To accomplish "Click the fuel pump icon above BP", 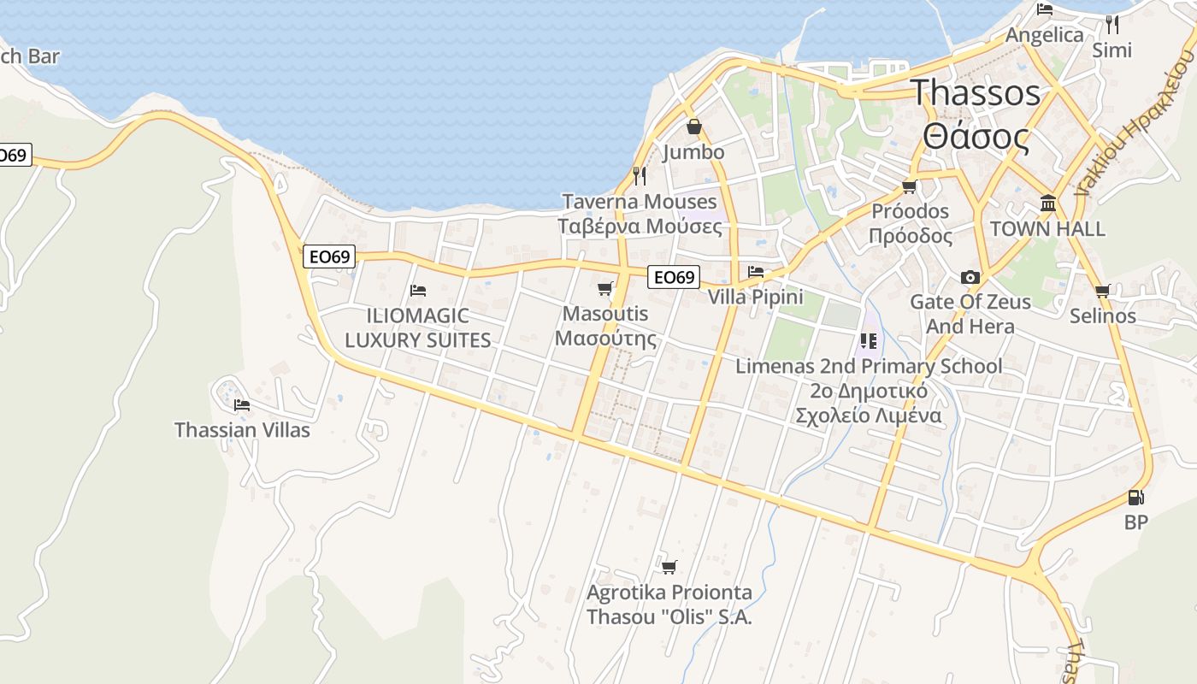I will [x=1135, y=497].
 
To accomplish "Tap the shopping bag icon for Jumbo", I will [x=694, y=127].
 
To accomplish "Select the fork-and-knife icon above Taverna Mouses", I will [x=639, y=175].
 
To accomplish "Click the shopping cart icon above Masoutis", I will [x=605, y=289].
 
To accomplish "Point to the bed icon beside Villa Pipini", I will [x=755, y=272].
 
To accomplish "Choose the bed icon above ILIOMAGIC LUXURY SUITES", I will [x=417, y=291].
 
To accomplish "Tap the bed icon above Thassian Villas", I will [x=242, y=404].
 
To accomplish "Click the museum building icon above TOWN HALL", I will [x=1047, y=203].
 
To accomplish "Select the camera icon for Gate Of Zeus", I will [x=970, y=277].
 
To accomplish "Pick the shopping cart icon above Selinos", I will [x=1103, y=291].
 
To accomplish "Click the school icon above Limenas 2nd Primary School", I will [x=869, y=341].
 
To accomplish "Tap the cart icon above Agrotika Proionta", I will [x=669, y=567].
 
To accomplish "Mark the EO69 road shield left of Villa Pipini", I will [x=674, y=277].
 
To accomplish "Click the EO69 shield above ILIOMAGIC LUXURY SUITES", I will [x=329, y=256].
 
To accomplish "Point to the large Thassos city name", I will [x=976, y=92].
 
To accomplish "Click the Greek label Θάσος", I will [x=976, y=137].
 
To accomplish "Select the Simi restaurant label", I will [x=1111, y=50].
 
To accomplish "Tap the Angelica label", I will [x=1044, y=35].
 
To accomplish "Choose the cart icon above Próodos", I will [x=909, y=186].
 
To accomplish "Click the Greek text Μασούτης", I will [x=605, y=339].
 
